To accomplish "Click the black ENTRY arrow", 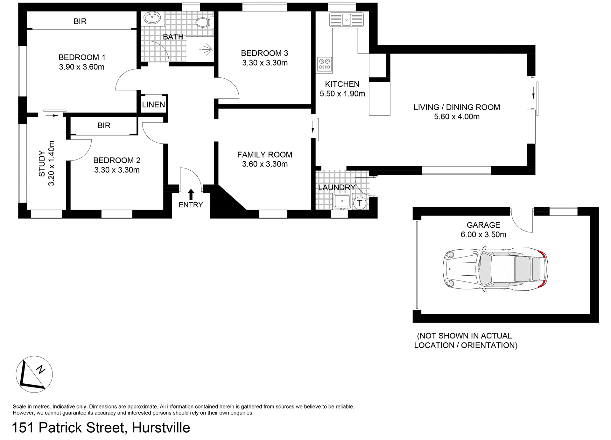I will (191, 194).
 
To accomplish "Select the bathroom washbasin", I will (152, 18).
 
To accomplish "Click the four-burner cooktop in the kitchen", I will (325, 64).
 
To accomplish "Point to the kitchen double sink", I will (346, 20).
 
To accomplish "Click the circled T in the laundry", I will (360, 203).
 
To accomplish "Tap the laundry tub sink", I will (342, 201).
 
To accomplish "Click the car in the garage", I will (495, 269).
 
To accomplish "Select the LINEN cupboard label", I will (153, 104).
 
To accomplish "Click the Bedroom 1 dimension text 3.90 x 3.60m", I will (81, 67).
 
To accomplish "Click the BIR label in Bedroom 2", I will (104, 125).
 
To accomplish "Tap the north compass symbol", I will (34, 374).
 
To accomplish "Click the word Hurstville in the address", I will (161, 428).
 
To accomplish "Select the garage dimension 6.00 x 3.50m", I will (483, 235).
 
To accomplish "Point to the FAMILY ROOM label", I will (264, 155).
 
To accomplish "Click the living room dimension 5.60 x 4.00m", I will (457, 117).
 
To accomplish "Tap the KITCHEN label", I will (342, 84).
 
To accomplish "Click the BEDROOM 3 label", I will (264, 53).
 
